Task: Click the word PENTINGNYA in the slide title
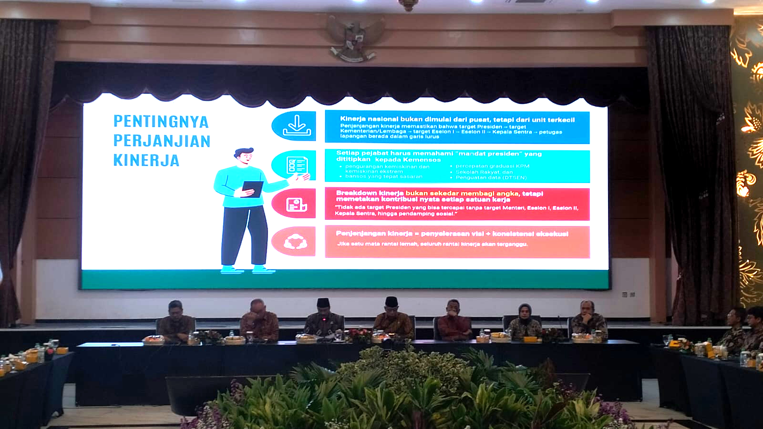click(161, 122)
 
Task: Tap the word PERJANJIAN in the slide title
click(162, 141)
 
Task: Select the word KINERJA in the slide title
click(146, 161)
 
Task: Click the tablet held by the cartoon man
click(253, 189)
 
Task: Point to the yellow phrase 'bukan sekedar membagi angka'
click(462, 193)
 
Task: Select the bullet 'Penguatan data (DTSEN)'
click(491, 177)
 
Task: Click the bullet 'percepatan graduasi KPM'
click(492, 166)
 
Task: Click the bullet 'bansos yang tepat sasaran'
click(384, 176)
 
